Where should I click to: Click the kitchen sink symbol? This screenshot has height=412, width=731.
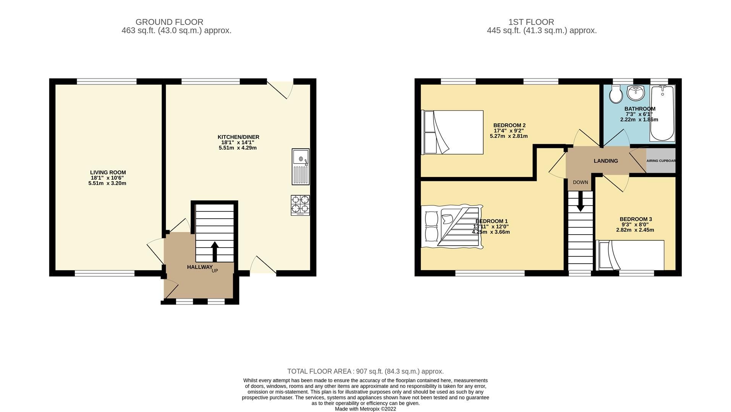click(x=301, y=167)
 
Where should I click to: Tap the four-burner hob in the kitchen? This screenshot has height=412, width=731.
click(x=300, y=205)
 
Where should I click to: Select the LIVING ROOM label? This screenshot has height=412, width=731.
click(x=108, y=172)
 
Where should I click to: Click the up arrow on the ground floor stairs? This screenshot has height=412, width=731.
click(x=214, y=251)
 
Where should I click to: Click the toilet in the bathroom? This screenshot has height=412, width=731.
click(x=616, y=94)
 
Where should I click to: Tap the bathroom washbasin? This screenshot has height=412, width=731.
click(x=636, y=92)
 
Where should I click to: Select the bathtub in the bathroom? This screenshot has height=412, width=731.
click(x=662, y=113)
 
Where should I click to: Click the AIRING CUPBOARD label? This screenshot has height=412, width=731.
click(x=661, y=161)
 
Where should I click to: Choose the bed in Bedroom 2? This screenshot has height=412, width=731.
click(x=453, y=132)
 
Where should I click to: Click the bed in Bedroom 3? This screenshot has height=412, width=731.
click(x=631, y=255)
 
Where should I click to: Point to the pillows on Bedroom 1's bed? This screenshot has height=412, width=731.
click(x=432, y=227)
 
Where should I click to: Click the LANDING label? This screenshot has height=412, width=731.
click(x=605, y=161)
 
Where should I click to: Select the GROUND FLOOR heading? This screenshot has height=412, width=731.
click(x=169, y=22)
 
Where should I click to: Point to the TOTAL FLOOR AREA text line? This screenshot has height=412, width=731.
click(x=365, y=371)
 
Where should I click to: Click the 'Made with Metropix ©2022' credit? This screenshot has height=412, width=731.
click(x=365, y=409)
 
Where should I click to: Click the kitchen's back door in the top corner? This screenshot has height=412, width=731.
click(x=280, y=89)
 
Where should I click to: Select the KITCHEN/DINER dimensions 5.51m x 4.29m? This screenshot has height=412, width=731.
click(x=237, y=148)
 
